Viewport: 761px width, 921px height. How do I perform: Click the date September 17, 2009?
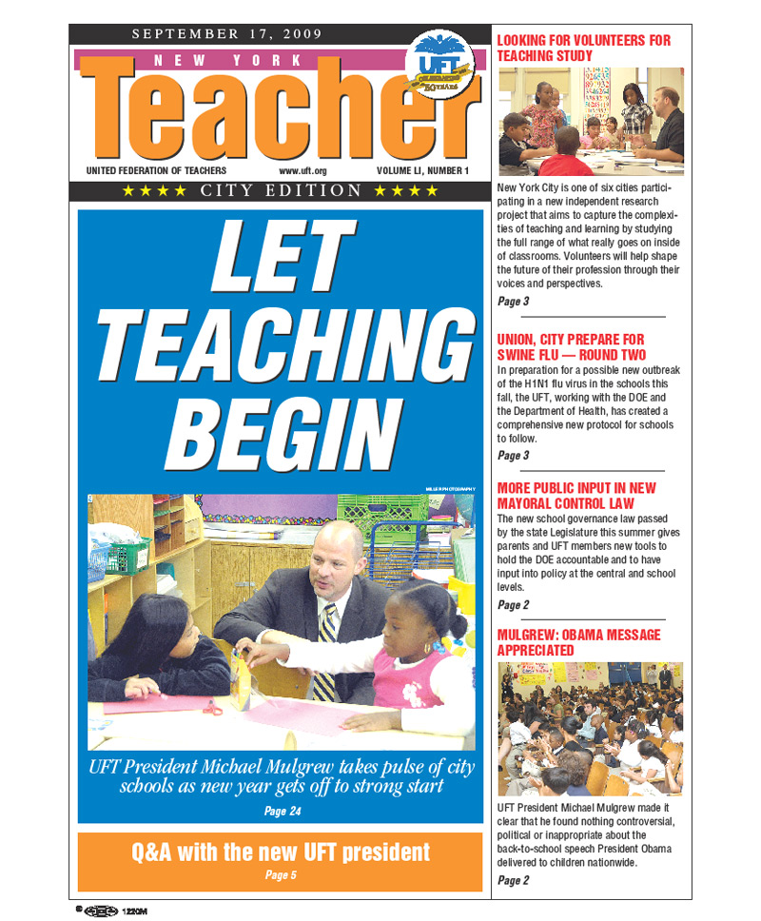(x=226, y=34)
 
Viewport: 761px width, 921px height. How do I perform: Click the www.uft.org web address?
(x=302, y=171)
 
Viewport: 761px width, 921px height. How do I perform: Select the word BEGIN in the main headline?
(x=281, y=435)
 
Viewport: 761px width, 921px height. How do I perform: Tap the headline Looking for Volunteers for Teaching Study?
(x=583, y=48)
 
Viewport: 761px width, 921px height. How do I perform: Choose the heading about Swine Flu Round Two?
(x=570, y=346)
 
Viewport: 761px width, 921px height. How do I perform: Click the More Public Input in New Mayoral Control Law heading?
(x=576, y=495)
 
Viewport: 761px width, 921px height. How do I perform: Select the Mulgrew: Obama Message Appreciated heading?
(x=578, y=642)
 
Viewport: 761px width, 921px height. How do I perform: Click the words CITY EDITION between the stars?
(x=281, y=191)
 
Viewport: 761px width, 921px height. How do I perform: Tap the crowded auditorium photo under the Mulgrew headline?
(x=590, y=729)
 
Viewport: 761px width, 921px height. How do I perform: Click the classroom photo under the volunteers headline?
(x=590, y=121)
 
